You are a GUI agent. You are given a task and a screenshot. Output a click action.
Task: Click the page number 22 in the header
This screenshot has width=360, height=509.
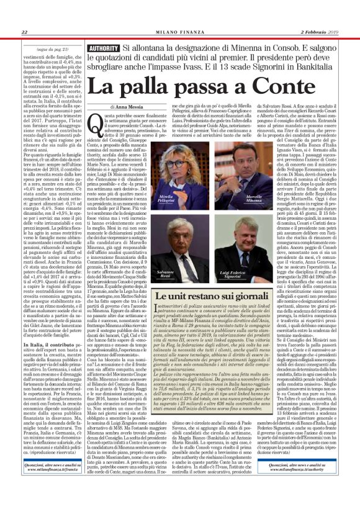(24, 32)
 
